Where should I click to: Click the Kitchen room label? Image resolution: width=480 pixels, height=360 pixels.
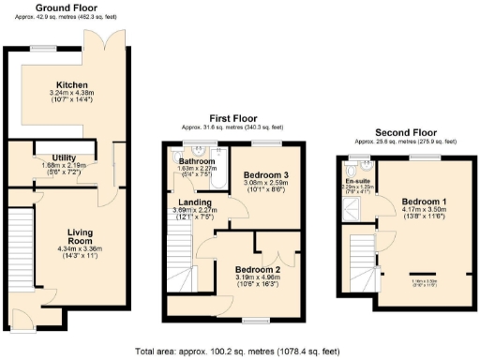pyautogui.click(x=71, y=83)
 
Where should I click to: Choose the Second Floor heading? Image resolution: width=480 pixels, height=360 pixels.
pyautogui.click(x=402, y=133)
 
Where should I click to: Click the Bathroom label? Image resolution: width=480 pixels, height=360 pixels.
pyautogui.click(x=197, y=161)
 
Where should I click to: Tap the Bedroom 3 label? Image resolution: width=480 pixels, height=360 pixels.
pyautogui.click(x=266, y=175)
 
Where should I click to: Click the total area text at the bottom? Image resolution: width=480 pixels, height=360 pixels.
pyautogui.click(x=239, y=351)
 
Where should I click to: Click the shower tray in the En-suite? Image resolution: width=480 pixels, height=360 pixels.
pyautogui.click(x=355, y=208)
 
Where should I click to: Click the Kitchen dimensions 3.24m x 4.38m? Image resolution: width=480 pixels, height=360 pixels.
pyautogui.click(x=71, y=93)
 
